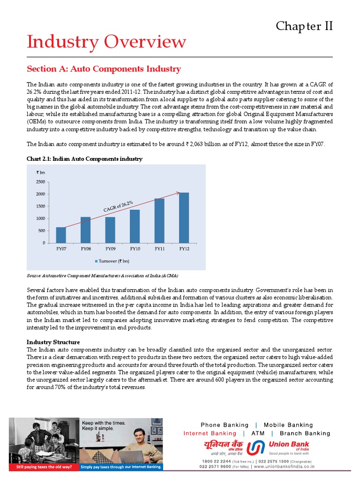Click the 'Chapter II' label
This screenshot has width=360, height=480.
tap(304, 26)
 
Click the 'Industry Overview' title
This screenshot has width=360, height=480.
tap(106, 42)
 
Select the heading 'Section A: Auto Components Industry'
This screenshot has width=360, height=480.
tap(104, 69)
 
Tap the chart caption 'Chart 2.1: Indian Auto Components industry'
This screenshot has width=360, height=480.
tap(84, 159)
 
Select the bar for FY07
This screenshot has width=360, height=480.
tap(61, 235)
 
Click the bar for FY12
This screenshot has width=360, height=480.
tap(184, 217)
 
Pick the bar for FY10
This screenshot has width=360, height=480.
tap(135, 226)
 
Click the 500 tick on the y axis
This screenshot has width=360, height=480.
tap(42, 231)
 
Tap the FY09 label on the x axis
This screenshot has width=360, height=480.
tap(110, 249)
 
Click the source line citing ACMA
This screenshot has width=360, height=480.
tap(102, 276)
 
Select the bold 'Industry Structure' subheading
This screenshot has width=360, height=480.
tap(53, 342)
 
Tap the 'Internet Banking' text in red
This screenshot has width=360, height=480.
tap(210, 433)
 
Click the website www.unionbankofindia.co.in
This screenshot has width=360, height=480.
tap(285, 466)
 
